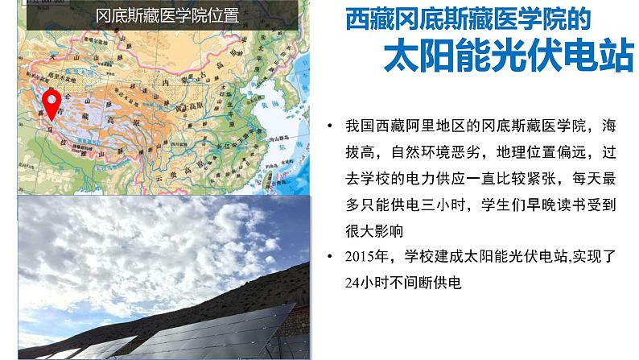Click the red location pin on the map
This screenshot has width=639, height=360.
52,103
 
